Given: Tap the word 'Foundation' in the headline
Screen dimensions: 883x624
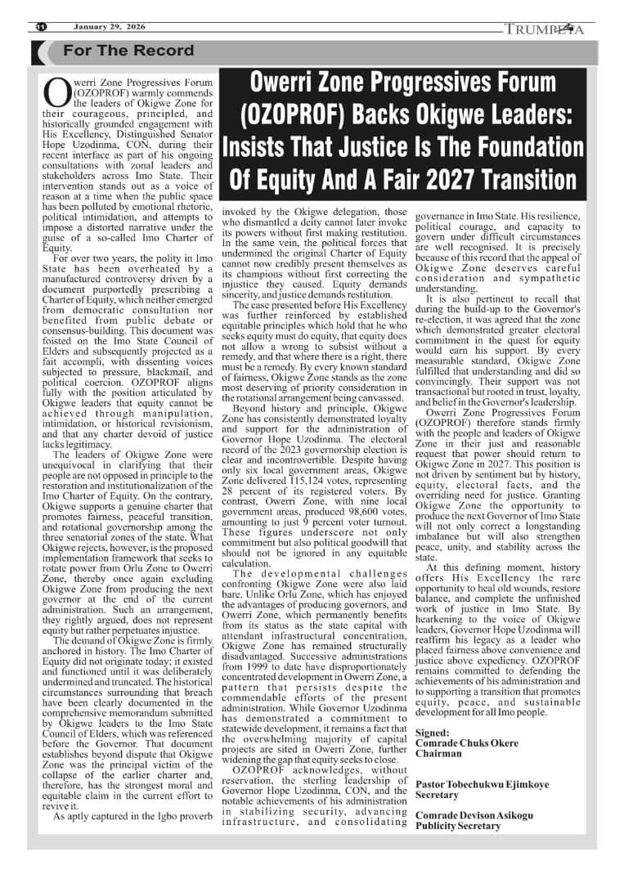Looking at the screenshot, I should pyautogui.click(x=535, y=147).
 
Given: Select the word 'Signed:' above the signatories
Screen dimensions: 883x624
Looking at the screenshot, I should pyautogui.click(x=433, y=733).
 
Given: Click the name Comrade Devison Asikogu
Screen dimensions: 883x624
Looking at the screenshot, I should pyautogui.click(x=475, y=816).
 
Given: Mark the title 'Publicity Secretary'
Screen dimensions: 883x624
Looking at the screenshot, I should pyautogui.click(x=458, y=827).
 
